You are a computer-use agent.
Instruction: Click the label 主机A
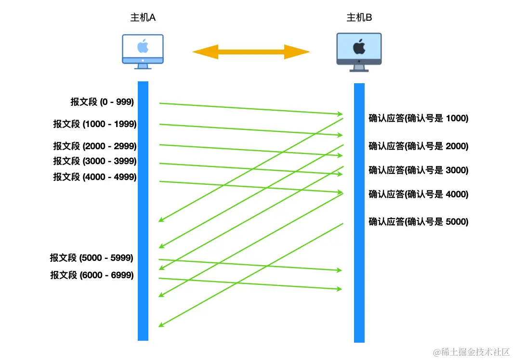143,18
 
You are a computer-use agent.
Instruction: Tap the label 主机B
359,18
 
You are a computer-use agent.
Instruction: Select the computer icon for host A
143,51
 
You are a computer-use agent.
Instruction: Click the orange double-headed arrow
251,51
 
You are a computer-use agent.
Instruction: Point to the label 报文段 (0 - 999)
102,102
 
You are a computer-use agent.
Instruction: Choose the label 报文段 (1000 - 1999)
95,124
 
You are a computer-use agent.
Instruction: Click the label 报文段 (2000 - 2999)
95,146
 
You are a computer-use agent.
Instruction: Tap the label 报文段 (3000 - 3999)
95,161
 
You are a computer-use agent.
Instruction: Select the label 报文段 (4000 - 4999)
95,177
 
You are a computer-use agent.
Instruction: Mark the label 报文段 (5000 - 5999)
92,258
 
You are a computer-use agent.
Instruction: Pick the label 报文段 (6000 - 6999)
92,275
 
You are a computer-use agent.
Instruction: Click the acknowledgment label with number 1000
418,118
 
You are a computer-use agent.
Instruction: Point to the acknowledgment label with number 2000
418,146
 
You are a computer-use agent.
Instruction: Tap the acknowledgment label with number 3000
418,170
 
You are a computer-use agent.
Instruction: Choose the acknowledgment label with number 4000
418,194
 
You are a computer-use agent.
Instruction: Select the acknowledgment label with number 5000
418,222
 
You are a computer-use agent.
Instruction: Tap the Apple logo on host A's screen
143,47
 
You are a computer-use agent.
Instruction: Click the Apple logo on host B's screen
359,47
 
